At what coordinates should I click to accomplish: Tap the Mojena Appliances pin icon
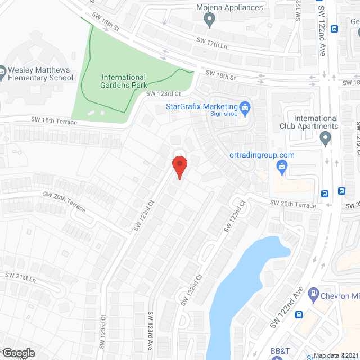coord(210,21)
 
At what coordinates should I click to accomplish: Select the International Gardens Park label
coord(123,81)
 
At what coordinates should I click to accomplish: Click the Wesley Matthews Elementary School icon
coord(2,74)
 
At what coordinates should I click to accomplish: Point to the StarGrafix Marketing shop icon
coord(245,106)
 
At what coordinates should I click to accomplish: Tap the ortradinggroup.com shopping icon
coord(283,165)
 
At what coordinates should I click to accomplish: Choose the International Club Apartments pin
coord(325,137)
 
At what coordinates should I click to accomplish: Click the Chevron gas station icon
coord(314,295)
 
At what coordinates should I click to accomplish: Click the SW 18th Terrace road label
coord(55,121)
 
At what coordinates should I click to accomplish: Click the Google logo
coord(18,353)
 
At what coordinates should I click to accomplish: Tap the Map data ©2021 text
coord(335,355)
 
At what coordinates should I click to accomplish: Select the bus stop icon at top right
coord(335,29)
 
